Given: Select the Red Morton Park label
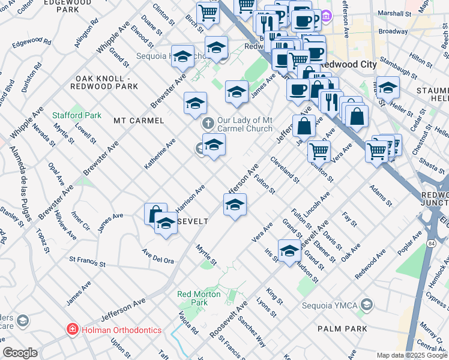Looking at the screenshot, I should [192, 298].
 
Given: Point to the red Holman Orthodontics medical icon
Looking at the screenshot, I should [71, 329].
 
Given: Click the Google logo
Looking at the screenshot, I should [20, 353].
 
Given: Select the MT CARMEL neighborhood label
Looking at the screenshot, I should [139, 121].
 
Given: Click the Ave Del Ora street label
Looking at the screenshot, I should [158, 256].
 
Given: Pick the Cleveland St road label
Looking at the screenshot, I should [285, 169].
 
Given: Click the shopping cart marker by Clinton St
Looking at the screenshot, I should [319, 151].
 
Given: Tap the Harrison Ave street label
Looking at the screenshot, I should [190, 198].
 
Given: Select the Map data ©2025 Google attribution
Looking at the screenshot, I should [411, 355].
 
